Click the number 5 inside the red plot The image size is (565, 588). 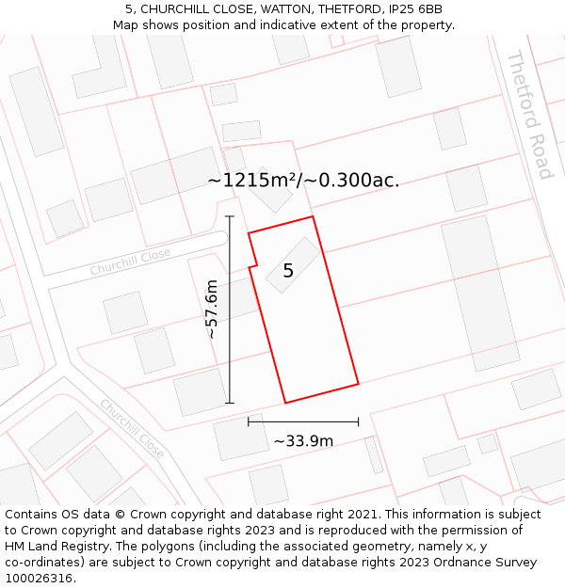[x=288, y=271]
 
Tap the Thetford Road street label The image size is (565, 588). [x=529, y=115]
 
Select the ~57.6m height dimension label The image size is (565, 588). [x=212, y=310]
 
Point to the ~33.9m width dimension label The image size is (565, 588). [x=303, y=440]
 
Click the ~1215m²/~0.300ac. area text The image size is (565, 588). [x=303, y=180]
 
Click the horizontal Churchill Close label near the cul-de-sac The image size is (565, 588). [x=130, y=262]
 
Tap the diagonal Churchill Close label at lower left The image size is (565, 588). [x=133, y=429]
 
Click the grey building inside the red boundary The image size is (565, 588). [x=293, y=264]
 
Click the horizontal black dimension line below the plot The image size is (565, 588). [x=303, y=422]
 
